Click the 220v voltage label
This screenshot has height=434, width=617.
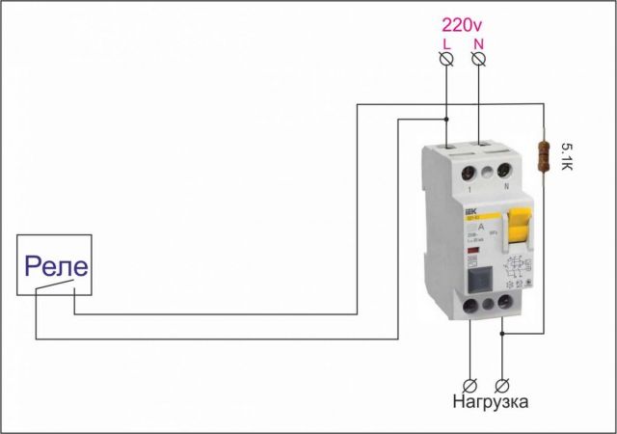(463, 24)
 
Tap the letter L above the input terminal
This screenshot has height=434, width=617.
(446, 44)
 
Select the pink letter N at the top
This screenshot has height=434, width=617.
(480, 44)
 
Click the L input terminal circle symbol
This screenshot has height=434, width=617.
(446, 60)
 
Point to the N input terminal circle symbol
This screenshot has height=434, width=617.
(480, 60)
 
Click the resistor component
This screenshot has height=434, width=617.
(546, 153)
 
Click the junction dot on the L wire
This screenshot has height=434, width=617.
(446, 120)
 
